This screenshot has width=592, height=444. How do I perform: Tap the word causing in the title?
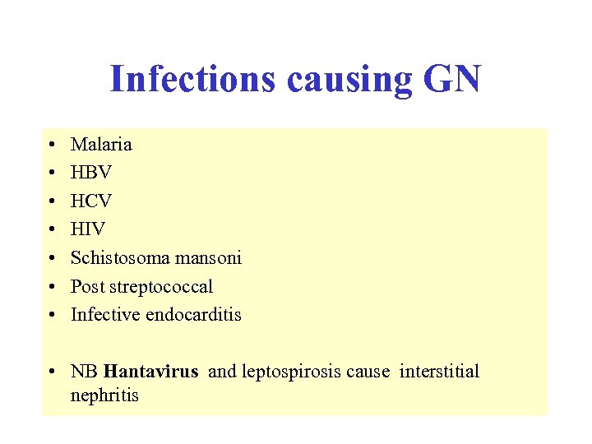point(349,80)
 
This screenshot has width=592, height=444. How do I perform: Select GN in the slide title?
point(451,80)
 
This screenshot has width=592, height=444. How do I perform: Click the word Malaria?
point(101,145)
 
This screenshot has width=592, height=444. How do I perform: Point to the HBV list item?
point(90,173)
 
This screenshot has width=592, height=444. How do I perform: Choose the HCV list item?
point(90,201)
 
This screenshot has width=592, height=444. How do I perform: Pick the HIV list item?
point(88,230)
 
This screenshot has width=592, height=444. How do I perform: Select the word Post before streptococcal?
point(87,287)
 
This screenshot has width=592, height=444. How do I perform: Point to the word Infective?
point(105,315)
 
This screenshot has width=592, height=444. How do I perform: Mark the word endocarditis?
point(193,315)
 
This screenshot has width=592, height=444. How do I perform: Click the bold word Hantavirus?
point(151,372)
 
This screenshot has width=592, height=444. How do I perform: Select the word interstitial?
point(439,372)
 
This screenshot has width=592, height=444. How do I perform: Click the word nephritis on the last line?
point(104,395)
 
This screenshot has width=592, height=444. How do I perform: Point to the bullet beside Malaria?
point(52,146)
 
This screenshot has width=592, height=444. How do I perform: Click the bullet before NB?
point(52,372)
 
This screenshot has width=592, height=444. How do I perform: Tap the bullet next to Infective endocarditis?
point(52,316)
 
